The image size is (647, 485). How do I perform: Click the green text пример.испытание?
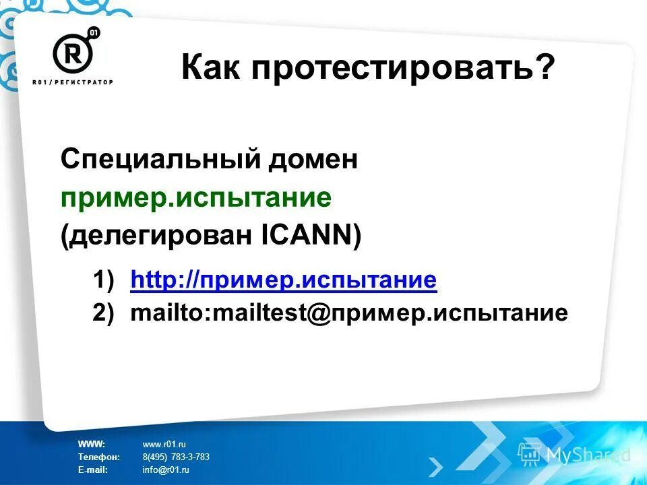195,198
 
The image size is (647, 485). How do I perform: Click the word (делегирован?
157,236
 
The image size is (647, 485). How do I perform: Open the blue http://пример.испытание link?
284,280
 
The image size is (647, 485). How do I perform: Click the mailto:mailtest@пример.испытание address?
348,313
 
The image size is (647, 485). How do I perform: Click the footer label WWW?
91,444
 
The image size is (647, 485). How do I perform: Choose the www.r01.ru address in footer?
164,444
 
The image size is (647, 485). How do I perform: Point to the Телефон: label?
98,457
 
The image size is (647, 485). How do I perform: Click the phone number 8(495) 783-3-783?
176,457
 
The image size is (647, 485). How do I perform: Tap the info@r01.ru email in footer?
166,470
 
